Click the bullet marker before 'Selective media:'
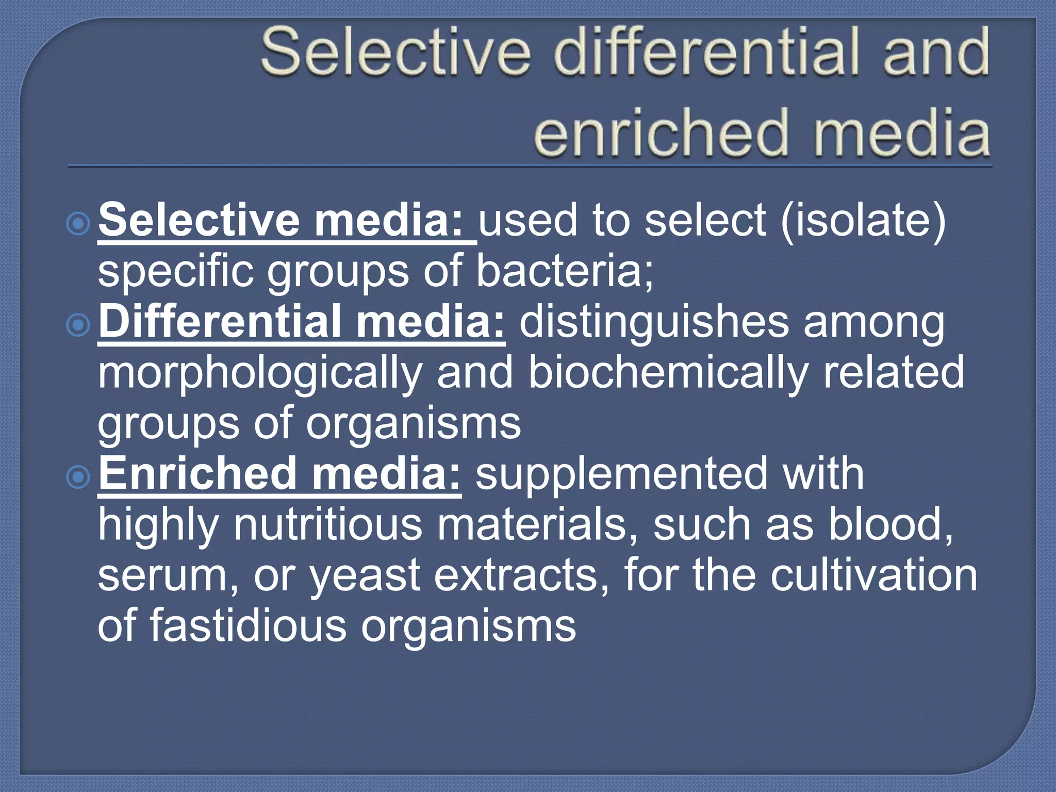tap(78, 223)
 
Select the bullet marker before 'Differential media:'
tap(78, 325)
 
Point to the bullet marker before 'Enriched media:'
tap(78, 477)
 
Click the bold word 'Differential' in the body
tap(219, 322)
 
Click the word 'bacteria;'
tap(565, 271)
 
